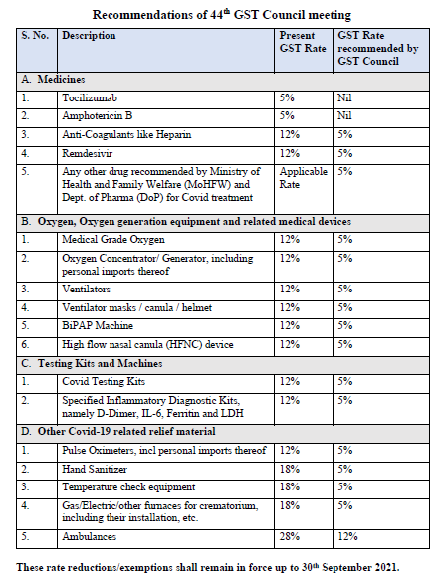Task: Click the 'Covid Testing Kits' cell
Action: click(x=104, y=381)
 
